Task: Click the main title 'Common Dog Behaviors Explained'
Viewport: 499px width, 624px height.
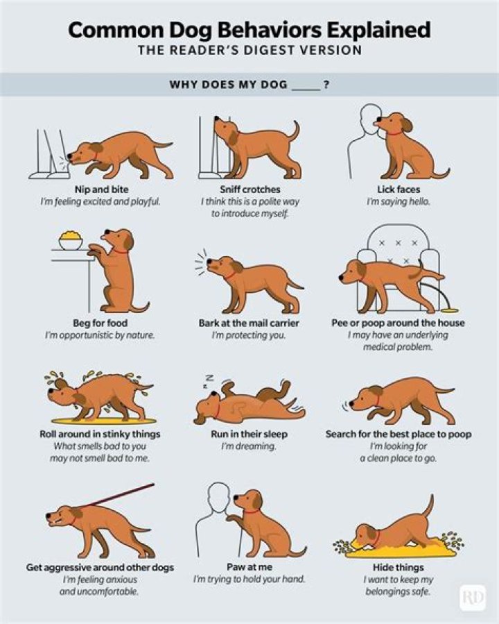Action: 249,31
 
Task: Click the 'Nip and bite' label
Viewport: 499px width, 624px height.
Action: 100,189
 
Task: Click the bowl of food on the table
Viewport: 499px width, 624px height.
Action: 70,242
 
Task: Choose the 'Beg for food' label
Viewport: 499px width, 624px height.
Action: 100,323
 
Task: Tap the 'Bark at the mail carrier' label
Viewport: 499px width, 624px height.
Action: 249,323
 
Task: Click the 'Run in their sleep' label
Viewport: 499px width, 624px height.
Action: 249,435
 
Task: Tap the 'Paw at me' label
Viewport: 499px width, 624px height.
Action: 249,566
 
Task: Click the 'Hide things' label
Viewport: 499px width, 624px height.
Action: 399,566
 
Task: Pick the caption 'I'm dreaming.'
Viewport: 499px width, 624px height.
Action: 249,447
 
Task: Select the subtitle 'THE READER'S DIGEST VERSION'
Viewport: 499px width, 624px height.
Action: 249,51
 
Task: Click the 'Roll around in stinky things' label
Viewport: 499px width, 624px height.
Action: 100,435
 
